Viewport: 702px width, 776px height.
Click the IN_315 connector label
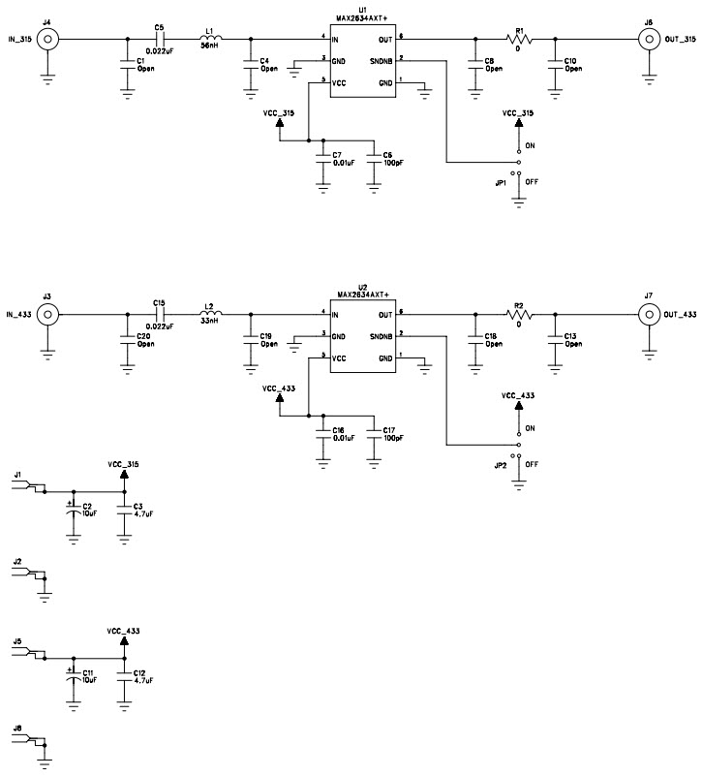pos(19,40)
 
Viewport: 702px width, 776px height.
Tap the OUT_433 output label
pos(676,315)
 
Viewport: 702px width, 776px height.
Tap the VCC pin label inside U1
pos(338,83)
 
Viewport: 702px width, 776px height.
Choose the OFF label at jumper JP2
pos(531,464)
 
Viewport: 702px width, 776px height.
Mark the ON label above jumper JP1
pos(530,145)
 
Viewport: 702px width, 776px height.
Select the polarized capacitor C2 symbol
pos(73,510)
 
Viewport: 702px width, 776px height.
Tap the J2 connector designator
pos(17,561)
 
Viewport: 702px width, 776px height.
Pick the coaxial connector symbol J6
pos(648,39)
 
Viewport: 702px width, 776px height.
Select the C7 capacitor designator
pos(337,155)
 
